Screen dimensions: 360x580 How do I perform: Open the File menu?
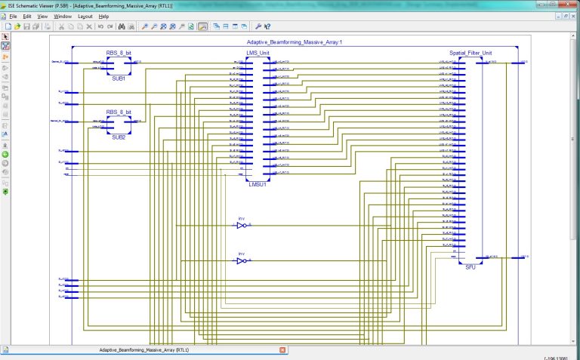(12, 16)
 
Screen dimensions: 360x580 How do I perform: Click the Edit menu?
(26, 16)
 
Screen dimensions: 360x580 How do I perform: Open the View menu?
(42, 16)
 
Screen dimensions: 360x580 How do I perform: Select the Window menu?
(63, 16)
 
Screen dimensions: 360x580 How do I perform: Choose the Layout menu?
(85, 16)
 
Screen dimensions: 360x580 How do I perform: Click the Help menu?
(103, 16)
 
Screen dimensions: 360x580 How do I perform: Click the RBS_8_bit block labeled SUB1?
(119, 66)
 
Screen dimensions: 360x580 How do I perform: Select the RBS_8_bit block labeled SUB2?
(119, 126)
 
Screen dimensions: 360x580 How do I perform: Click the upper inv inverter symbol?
(241, 225)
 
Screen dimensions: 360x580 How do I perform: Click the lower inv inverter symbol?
(241, 260)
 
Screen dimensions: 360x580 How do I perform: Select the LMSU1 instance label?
(258, 183)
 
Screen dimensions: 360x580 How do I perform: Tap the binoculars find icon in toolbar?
(131, 26)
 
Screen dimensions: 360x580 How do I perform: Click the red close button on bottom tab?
(282, 350)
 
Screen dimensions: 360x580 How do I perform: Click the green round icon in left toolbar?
(5, 154)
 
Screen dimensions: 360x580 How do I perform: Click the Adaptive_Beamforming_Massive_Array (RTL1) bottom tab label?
(143, 350)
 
